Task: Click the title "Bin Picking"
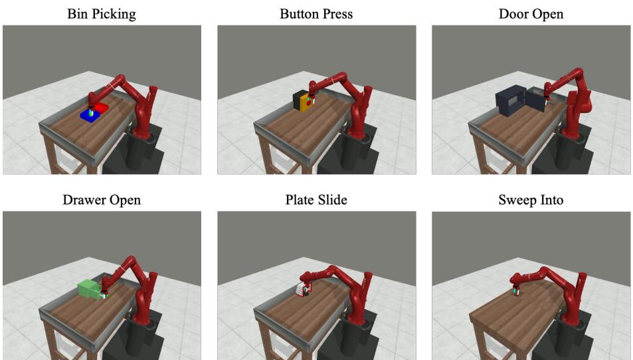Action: (102, 14)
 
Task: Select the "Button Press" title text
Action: (316, 14)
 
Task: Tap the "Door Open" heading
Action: (531, 14)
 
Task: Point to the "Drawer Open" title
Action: (102, 200)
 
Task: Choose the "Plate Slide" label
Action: (316, 200)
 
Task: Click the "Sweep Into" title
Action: (531, 200)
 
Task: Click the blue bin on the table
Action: (90, 115)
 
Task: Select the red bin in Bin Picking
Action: (102, 107)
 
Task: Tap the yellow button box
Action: (304, 101)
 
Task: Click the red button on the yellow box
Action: (309, 104)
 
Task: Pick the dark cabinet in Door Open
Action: (510, 100)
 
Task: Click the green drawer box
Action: (90, 289)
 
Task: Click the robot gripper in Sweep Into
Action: (516, 291)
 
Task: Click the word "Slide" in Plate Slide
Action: (333, 200)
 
